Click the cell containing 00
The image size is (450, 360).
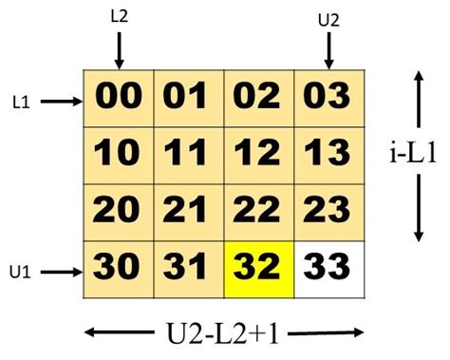119,98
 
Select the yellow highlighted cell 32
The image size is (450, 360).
259,270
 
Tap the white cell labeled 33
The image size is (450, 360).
329,270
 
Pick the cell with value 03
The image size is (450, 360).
329,98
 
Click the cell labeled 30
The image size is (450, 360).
119,270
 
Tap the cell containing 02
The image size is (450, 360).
259,98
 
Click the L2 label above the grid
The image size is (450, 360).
120,16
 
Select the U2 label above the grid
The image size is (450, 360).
328,17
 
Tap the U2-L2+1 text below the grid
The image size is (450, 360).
224,334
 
